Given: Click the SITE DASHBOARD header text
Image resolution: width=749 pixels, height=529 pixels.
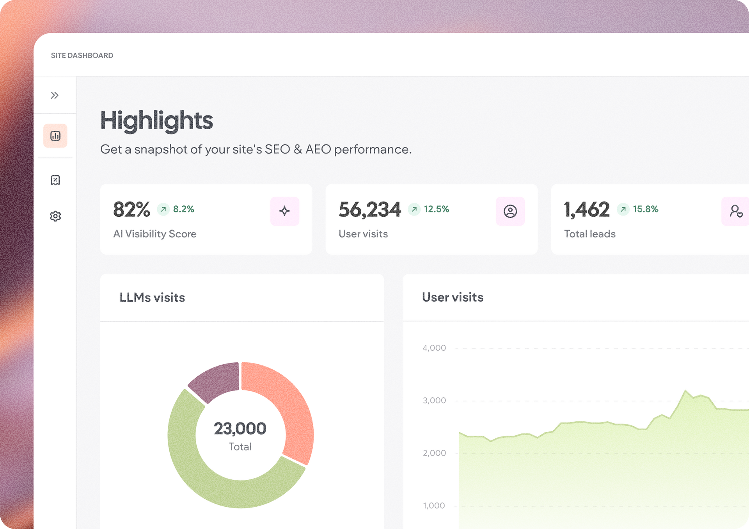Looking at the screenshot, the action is (82, 55).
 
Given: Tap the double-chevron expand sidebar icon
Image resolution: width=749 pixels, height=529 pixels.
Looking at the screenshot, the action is (55, 95).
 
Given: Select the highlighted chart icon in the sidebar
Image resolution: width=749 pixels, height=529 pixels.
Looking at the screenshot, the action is (55, 136).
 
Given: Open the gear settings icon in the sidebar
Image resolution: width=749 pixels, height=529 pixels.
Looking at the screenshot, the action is (55, 216).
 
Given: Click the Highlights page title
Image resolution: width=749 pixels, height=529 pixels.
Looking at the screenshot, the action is (156, 120).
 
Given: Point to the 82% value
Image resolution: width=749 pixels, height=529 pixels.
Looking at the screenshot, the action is (131, 209).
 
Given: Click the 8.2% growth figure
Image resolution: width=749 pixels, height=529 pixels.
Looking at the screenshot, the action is (184, 209).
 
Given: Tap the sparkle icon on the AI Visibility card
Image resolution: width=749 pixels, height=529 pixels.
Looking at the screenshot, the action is (285, 211).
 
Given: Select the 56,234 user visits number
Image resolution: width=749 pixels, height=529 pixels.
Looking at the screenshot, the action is (370, 210).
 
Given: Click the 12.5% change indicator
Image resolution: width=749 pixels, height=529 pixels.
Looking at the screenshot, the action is (437, 209).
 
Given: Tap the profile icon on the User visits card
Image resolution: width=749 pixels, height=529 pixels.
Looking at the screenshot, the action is (510, 211).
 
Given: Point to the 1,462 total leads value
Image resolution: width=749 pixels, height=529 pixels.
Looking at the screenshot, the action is (587, 210).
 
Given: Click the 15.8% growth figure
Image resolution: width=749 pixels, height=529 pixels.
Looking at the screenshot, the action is (646, 209).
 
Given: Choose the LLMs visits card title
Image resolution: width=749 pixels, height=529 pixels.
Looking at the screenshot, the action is (152, 297).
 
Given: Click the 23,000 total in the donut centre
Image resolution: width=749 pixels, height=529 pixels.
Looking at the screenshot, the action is (240, 429).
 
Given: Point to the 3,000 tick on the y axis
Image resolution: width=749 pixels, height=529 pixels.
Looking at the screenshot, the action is (434, 401).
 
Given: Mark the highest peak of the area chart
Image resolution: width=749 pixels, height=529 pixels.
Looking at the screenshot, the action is (685, 390).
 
